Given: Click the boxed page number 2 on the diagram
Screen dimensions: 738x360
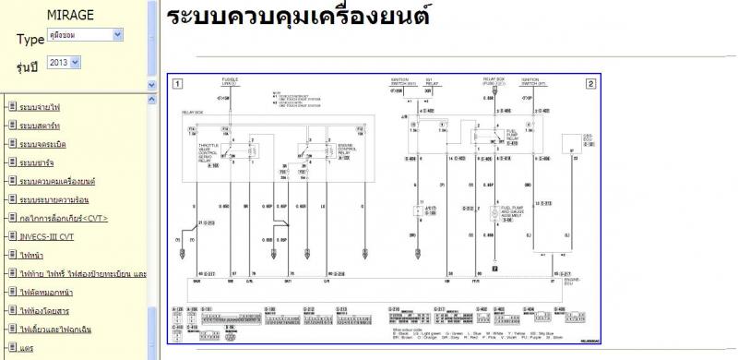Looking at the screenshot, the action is [589, 83].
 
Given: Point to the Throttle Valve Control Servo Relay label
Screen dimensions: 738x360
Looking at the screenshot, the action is [215, 154].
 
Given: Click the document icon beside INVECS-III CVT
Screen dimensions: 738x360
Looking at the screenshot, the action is [11, 235].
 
